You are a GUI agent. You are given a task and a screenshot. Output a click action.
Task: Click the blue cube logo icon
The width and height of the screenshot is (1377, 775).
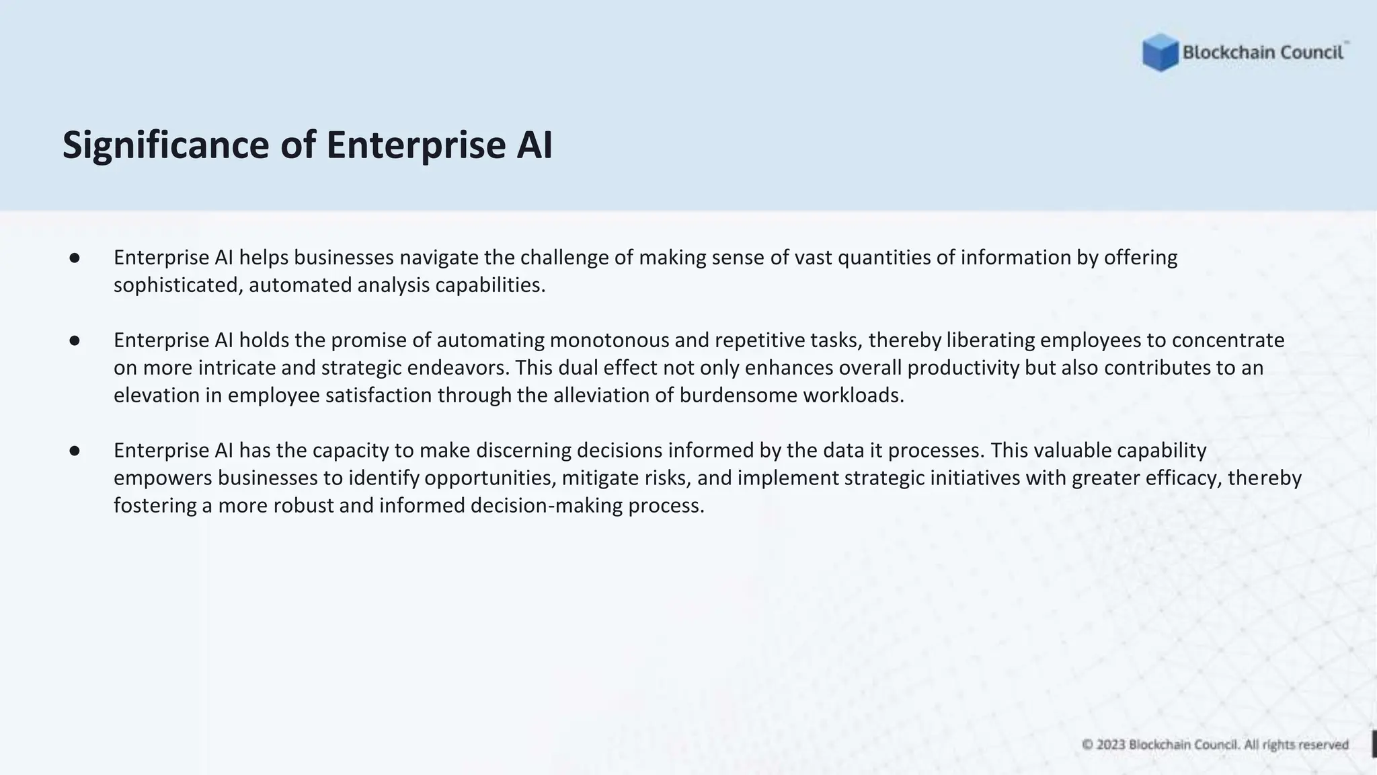click(1160, 52)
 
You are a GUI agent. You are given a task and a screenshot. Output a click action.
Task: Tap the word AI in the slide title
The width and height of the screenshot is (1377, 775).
click(535, 145)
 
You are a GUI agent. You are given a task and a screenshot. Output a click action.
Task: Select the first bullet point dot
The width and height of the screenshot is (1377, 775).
click(75, 258)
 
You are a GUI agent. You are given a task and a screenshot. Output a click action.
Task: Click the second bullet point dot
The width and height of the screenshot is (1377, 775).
click(75, 340)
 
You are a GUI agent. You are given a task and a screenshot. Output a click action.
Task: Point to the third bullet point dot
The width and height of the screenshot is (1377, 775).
click(75, 451)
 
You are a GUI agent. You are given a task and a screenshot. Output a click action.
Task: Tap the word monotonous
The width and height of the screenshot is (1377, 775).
click(609, 340)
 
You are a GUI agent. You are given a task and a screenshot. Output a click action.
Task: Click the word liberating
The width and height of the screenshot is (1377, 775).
click(990, 340)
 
